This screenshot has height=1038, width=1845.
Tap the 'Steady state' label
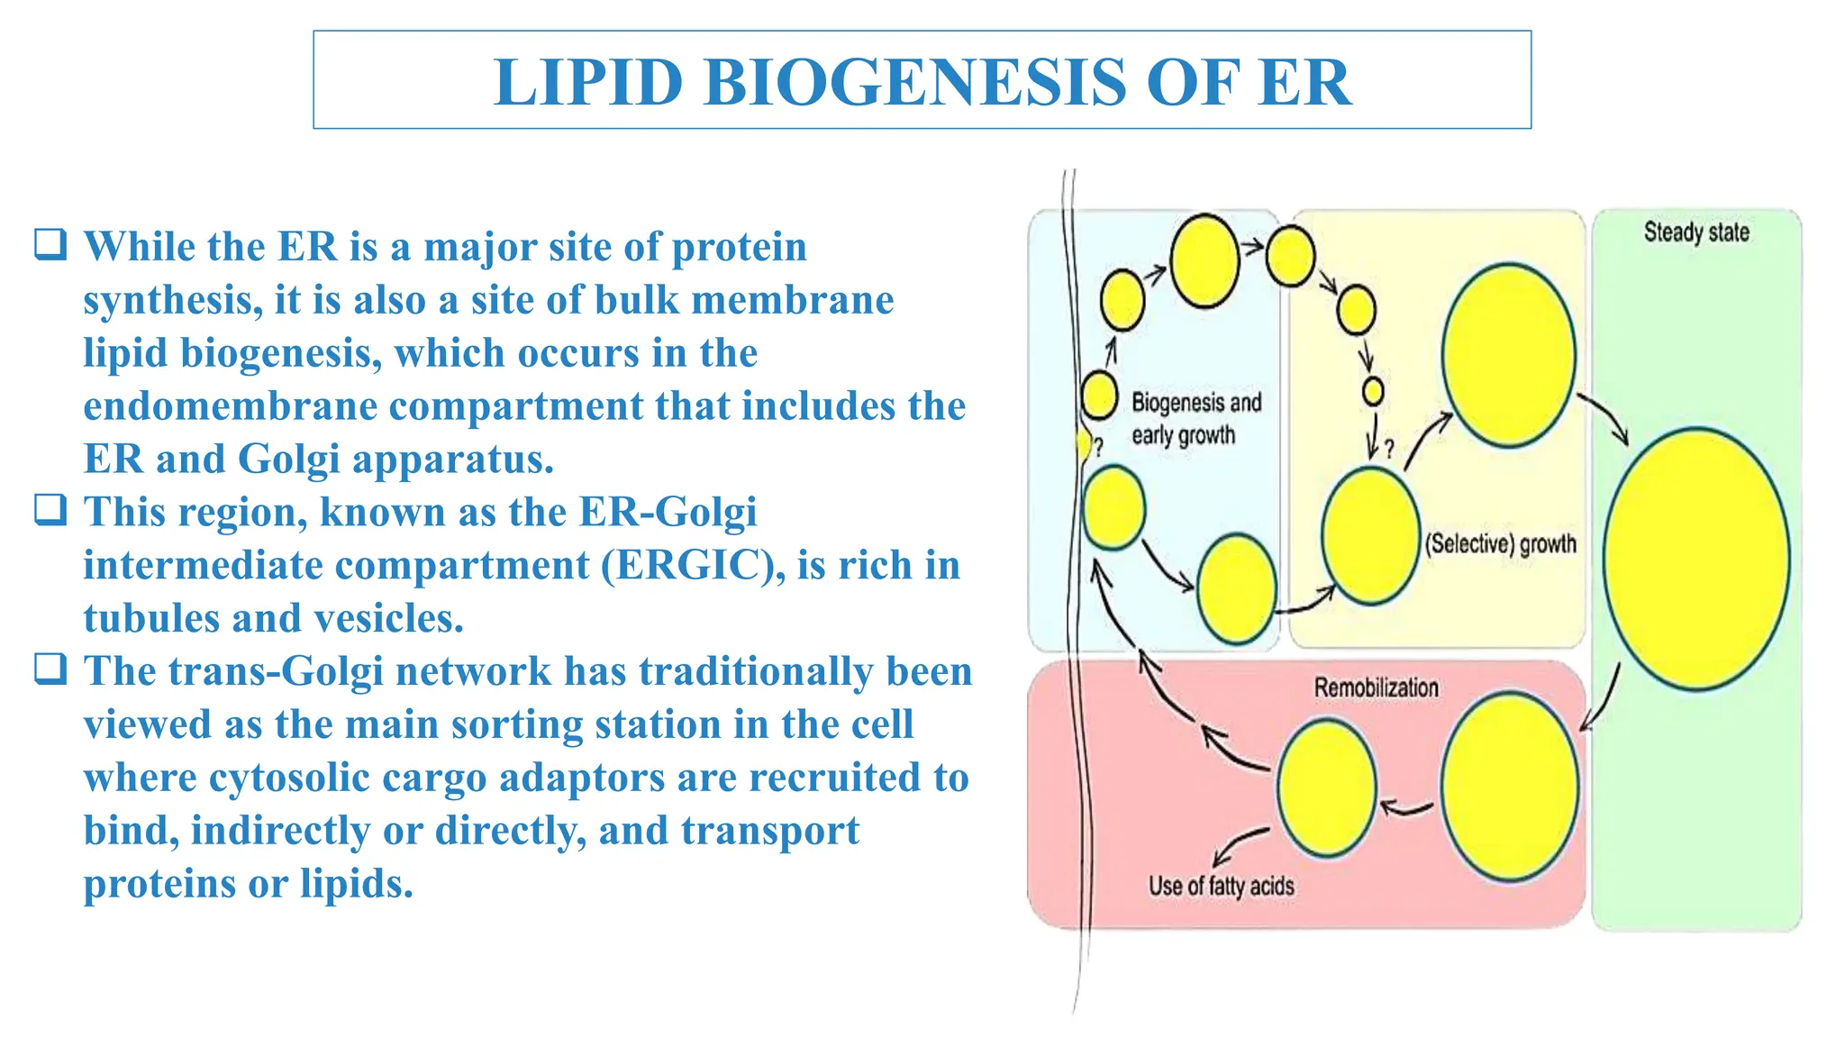(x=1696, y=232)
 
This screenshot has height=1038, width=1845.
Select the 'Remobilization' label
(x=1376, y=687)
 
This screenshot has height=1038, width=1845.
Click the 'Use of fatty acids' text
(x=1221, y=887)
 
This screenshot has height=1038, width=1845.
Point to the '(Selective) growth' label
(x=1501, y=544)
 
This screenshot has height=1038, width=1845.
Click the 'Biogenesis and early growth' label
(x=1195, y=419)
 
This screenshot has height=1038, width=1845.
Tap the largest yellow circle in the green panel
(x=1696, y=560)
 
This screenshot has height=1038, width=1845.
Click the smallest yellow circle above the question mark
(x=1373, y=391)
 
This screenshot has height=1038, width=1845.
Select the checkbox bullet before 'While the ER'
(x=50, y=245)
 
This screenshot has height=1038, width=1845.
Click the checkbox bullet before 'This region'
(x=50, y=510)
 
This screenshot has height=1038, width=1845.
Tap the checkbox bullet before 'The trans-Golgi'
(x=50, y=669)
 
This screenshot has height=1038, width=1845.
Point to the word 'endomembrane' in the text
(x=230, y=406)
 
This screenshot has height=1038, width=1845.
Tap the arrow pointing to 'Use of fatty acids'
(x=1239, y=845)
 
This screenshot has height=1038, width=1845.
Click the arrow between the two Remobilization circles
(x=1406, y=807)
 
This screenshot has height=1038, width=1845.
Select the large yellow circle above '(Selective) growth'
(x=1508, y=355)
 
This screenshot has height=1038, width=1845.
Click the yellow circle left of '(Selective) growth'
(x=1370, y=535)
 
